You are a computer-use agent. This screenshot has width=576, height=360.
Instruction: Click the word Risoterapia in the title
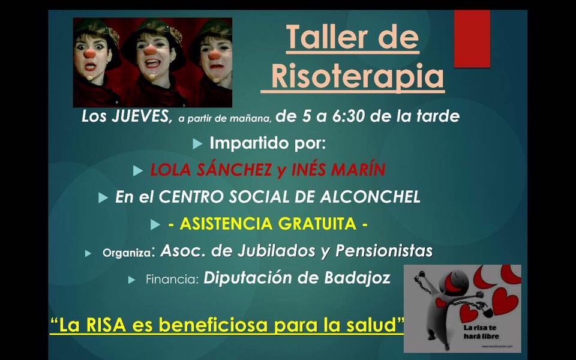[359, 76]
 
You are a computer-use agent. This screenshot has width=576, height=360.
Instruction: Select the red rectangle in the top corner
[472, 38]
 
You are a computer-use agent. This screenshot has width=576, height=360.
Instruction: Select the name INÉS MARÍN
[338, 169]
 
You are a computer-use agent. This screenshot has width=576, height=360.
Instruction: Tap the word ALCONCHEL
[370, 197]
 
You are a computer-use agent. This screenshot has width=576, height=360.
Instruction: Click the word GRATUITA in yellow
[317, 224]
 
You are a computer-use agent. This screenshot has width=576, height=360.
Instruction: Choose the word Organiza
[127, 253]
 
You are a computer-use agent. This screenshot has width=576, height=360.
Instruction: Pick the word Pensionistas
[384, 251]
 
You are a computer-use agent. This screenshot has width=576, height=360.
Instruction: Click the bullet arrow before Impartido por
[197, 144]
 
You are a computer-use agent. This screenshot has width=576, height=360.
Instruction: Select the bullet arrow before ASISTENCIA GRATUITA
[155, 225]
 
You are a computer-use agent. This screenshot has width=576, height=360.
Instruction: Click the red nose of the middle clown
[149, 50]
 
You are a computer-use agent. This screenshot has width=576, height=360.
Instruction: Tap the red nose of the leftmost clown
[89, 53]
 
